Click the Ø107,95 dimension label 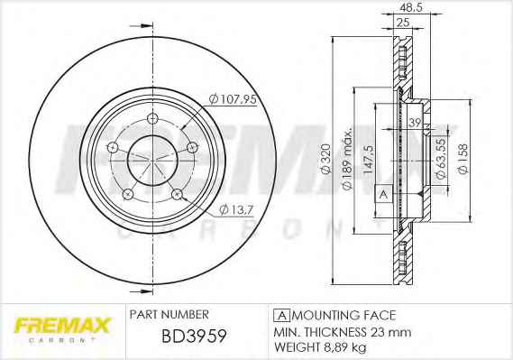coord(233,99)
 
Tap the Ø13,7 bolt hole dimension coord(236,209)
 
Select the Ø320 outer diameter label coord(326,159)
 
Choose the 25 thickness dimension coord(403,23)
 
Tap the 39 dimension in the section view coord(415,123)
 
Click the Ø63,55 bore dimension coord(442,158)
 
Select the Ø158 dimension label coord(463,159)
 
